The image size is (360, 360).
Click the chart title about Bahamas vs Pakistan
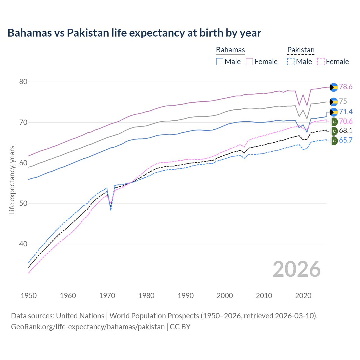click(134, 33)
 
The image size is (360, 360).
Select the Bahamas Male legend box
click(220, 62)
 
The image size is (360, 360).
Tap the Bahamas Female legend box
click(249, 62)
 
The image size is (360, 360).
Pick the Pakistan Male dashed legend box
click(291, 62)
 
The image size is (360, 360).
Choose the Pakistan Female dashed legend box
click(321, 62)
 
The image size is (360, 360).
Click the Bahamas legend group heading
click(230, 50)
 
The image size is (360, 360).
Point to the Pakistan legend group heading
click(301, 50)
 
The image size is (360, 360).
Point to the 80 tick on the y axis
click(23, 82)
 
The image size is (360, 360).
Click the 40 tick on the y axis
click(23, 244)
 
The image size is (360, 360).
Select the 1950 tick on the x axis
click(29, 296)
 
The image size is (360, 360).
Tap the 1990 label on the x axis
click(186, 296)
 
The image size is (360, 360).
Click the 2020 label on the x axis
click(303, 296)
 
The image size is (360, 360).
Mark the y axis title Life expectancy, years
click(12, 180)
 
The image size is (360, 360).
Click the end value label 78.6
click(346, 87)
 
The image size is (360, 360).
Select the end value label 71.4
click(346, 112)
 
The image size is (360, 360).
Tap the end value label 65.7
click(346, 140)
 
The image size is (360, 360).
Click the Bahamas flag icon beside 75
click(334, 102)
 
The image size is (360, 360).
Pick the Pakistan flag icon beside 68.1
click(334, 131)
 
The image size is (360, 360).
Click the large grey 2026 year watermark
click(296, 269)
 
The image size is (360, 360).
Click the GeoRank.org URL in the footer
click(88, 327)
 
